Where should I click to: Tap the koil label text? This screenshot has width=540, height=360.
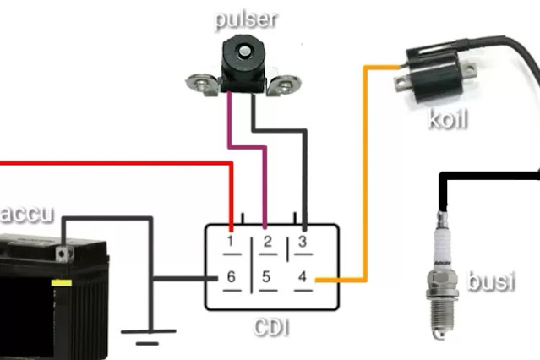point(448,118)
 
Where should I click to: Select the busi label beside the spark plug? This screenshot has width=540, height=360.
point(490,280)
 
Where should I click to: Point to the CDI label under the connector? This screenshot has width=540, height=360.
point(271,325)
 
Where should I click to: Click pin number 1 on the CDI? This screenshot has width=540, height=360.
point(230,242)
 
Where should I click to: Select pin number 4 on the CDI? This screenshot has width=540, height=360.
point(303,276)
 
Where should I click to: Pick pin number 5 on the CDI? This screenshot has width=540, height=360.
point(266,276)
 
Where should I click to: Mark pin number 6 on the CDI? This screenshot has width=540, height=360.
point(230,276)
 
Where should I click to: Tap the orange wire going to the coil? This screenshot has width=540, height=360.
point(366,169)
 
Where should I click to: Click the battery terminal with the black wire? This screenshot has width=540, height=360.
point(61,252)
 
